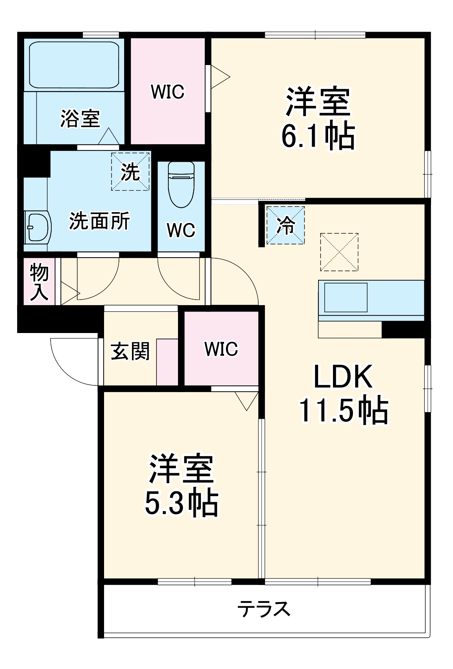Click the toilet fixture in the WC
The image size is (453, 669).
point(181,185)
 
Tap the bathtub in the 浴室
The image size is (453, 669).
point(74,65)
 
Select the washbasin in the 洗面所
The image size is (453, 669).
point(38,227)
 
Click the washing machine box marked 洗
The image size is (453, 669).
point(130,172)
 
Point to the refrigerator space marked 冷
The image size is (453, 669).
point(285,225)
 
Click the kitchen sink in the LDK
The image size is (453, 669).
point(346,297)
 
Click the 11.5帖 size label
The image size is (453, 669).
point(344,411)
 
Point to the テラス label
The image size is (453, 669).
point(263,609)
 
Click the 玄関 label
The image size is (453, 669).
point(130,351)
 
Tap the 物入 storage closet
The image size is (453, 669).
point(39,281)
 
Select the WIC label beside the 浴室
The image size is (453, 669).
point(168,92)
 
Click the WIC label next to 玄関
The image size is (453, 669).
point(221,349)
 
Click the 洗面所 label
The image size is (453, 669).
point(100,221)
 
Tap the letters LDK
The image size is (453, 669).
point(343,376)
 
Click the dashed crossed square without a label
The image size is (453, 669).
point(339,252)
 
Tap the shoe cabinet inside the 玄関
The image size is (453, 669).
point(167,362)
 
